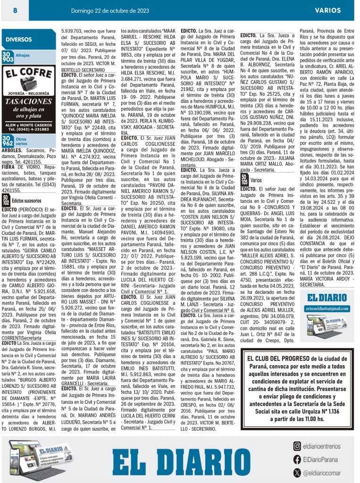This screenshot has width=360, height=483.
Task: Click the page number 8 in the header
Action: [x=15, y=10]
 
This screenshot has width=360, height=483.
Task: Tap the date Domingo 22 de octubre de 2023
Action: [x=110, y=10]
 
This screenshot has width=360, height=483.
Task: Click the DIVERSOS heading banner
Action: [x=19, y=40]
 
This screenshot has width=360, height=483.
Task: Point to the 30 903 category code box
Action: [x=8, y=58]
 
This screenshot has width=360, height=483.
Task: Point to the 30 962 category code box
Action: [x=8, y=141]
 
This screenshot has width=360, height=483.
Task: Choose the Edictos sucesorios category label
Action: [x=26, y=200]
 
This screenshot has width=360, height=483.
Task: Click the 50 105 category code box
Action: [x=244, y=180]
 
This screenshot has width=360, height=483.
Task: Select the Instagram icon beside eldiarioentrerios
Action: [x=296, y=446]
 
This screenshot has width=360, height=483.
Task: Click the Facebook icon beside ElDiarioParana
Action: [x=296, y=459]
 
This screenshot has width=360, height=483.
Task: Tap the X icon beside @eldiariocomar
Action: [x=296, y=472]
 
